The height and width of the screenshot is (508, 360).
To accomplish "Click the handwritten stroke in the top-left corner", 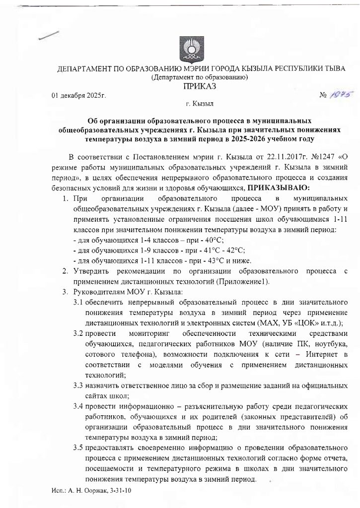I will coord(50,35).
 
